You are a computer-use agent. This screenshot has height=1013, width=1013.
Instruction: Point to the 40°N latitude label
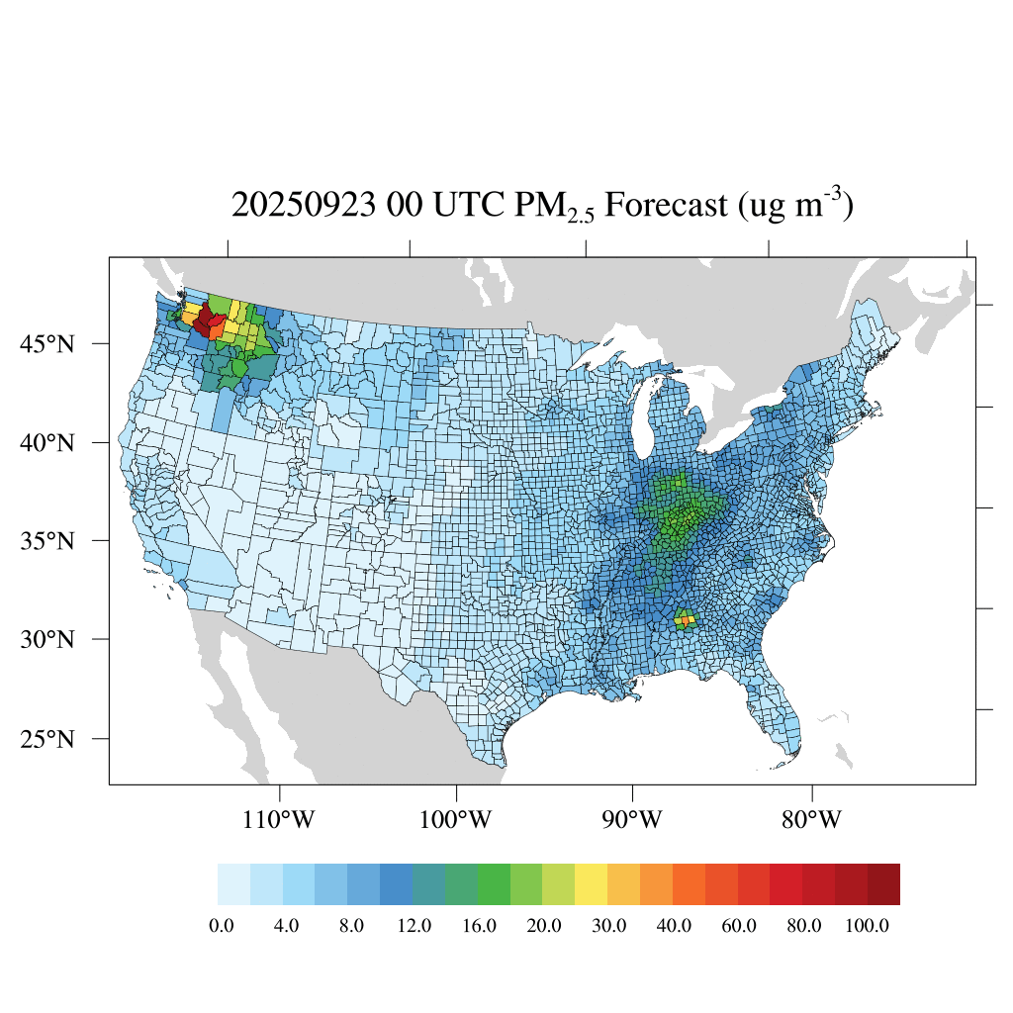coord(47,442)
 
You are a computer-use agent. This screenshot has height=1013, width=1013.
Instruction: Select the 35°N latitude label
coord(47,541)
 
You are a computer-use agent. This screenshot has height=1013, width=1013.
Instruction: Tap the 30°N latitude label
coord(47,639)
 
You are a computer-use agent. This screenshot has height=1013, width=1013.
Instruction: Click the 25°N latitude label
coord(47,739)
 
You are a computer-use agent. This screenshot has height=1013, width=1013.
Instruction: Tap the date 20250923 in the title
coord(310,206)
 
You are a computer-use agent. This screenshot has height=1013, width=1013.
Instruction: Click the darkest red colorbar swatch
coord(883,884)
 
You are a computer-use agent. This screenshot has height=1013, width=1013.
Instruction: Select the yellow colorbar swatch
coord(592,884)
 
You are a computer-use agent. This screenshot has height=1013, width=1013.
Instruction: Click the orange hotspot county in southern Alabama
coord(682,621)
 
